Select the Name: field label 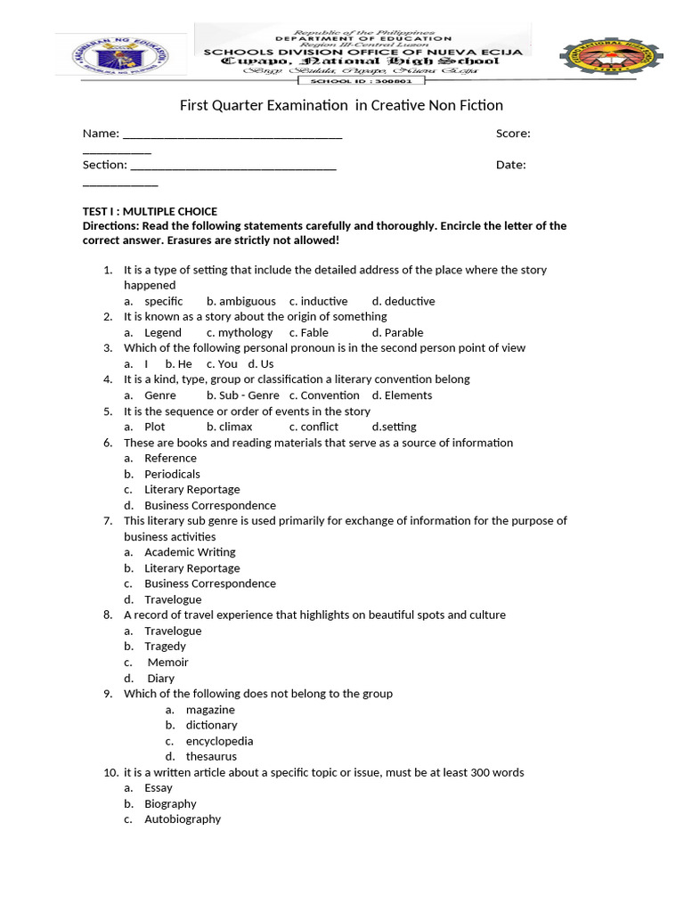tap(101, 134)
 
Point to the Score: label tap(513, 134)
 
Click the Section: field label tap(104, 165)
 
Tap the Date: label tap(510, 165)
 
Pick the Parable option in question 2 tap(403, 332)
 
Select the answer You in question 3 tap(227, 363)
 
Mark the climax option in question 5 tap(235, 427)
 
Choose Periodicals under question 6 tap(172, 474)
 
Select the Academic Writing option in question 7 tap(190, 552)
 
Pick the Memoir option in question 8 tap(167, 662)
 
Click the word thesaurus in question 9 tap(211, 756)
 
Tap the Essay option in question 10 tap(159, 787)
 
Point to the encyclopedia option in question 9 tap(219, 741)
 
